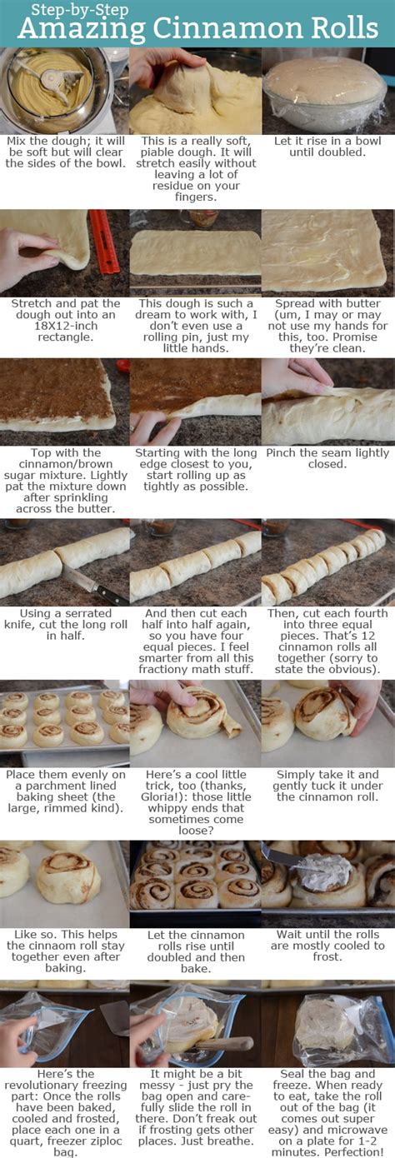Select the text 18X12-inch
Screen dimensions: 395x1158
(66, 326)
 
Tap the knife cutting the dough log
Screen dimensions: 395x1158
(96, 585)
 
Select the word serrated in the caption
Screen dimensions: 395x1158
(87, 613)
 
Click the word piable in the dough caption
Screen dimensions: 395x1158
(157, 152)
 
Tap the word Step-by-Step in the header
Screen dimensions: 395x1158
(80, 10)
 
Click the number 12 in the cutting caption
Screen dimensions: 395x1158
(368, 636)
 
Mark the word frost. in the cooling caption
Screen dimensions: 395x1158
(327, 957)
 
